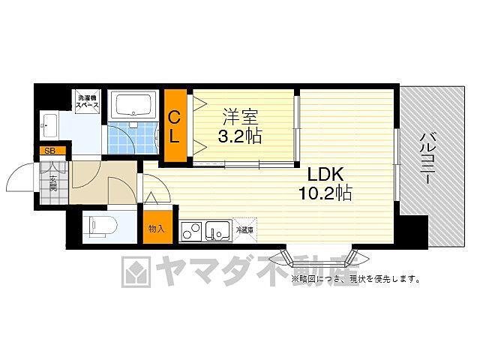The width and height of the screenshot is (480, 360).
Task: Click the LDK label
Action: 324,174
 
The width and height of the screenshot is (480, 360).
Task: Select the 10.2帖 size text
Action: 324,193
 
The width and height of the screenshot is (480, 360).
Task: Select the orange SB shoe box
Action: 50,151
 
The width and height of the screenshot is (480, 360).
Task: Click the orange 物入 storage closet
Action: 157,228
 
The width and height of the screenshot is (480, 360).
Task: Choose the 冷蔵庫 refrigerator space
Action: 245,229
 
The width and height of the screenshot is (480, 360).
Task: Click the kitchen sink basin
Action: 218,230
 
